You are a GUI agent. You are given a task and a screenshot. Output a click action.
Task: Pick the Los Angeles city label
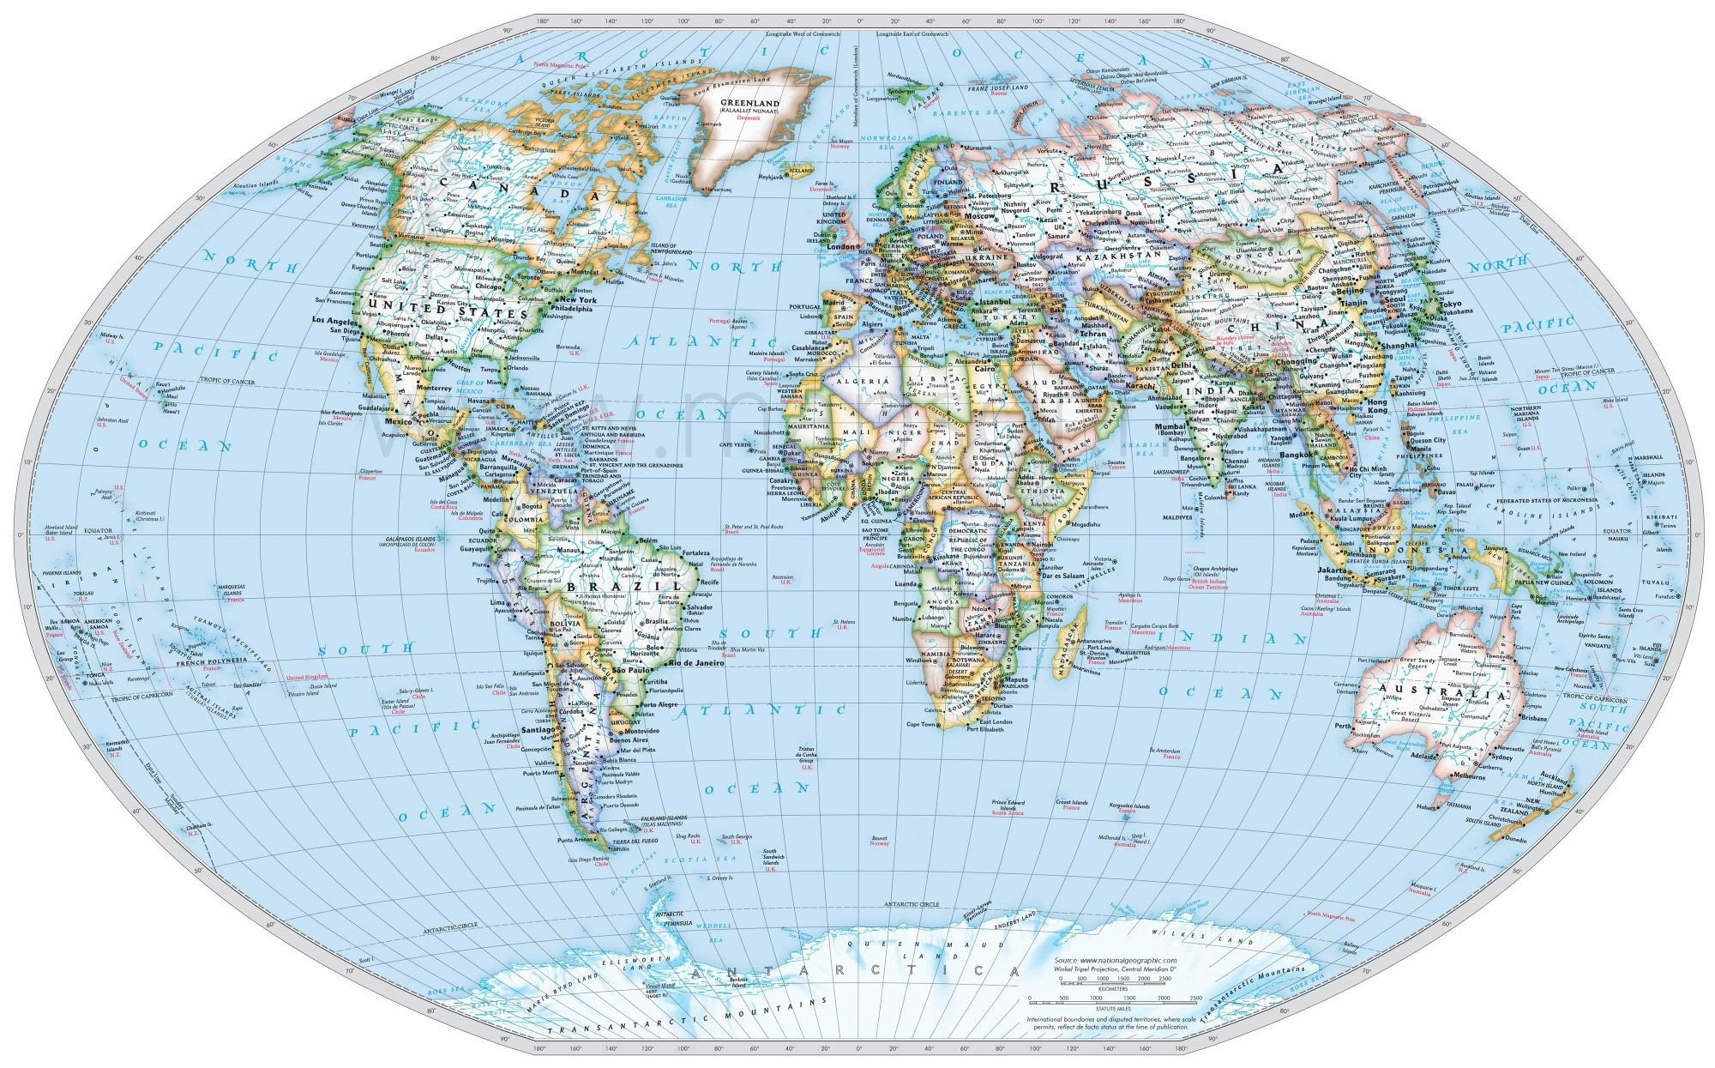(331, 320)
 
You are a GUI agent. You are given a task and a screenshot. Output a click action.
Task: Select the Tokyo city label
(1450, 305)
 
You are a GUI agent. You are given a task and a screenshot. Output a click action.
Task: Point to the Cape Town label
(921, 725)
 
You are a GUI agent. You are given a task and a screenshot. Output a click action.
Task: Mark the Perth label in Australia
(1345, 726)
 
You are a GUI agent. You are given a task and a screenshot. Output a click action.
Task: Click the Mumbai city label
(1170, 426)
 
